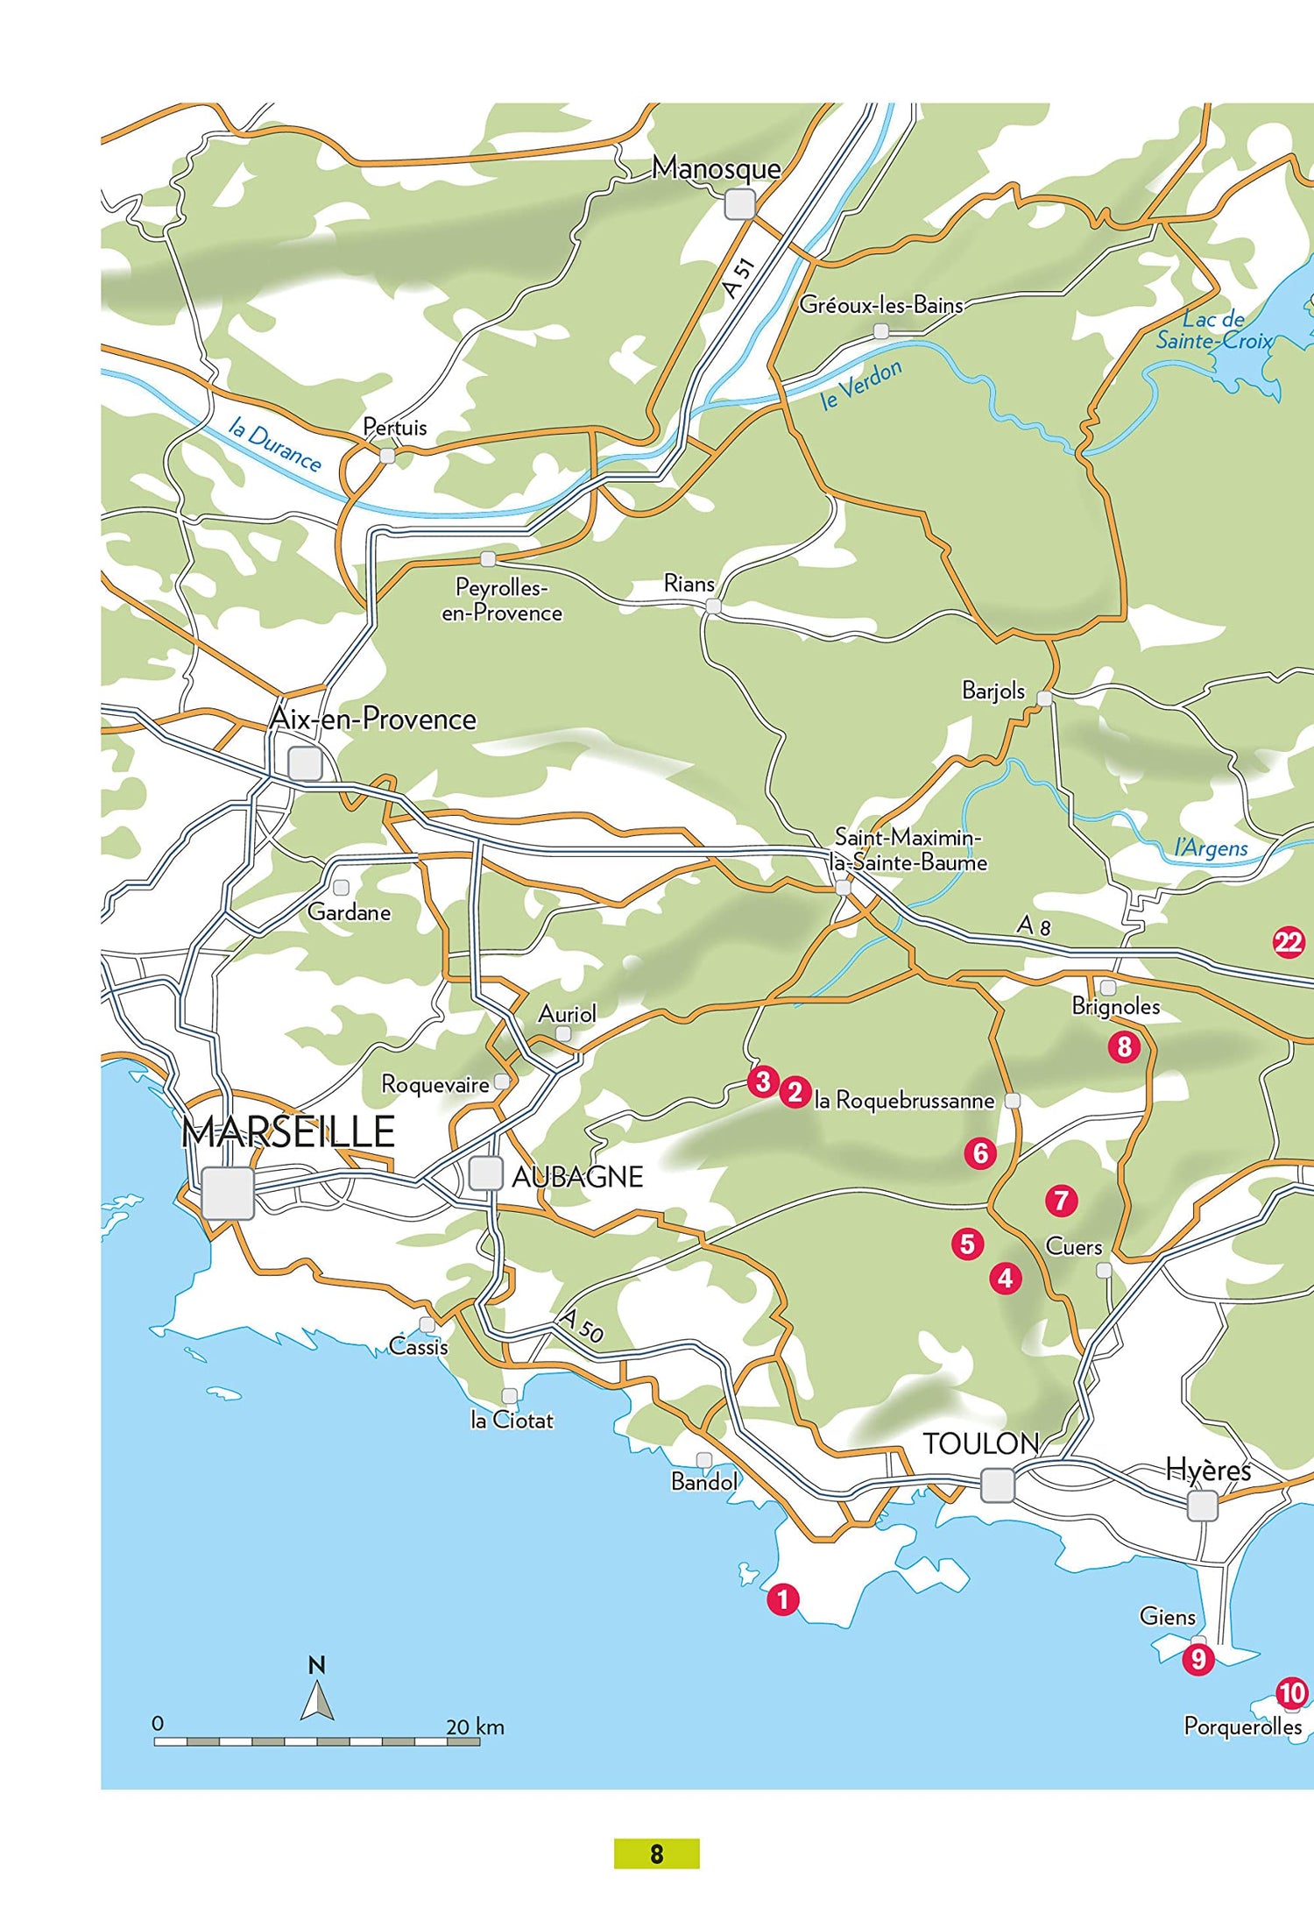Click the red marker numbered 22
tap(1288, 942)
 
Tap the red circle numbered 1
tap(782, 1599)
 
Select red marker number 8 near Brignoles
tap(1124, 1046)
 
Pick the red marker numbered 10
tap(1292, 1693)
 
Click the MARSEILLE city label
tap(288, 1132)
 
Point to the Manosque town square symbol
tap(740, 204)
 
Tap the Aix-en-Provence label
tap(373, 719)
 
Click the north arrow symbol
tap(317, 1697)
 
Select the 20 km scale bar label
tap(475, 1727)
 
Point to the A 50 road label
tap(581, 1326)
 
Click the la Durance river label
tap(274, 444)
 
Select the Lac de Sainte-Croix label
tap(1214, 330)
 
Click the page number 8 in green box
tap(656, 1854)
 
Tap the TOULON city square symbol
tap(997, 1485)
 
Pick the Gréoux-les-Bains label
tap(880, 305)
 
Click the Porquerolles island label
tap(1242, 1726)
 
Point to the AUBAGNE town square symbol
tap(484, 1173)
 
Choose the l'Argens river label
tap(1211, 847)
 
